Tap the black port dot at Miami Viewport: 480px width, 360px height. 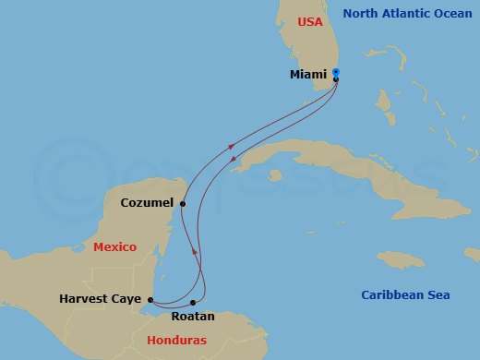coord(336,79)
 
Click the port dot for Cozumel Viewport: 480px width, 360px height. coord(183,204)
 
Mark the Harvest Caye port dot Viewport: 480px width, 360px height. coord(150,299)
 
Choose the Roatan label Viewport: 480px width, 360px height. coord(193,317)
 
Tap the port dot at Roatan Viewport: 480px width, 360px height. coord(193,303)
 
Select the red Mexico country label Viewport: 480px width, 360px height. coord(114,246)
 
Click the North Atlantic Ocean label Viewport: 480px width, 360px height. coord(407,14)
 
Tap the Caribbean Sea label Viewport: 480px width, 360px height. coord(404,295)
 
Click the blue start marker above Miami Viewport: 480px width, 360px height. coord(336,72)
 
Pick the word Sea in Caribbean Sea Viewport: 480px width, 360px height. coord(438,295)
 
